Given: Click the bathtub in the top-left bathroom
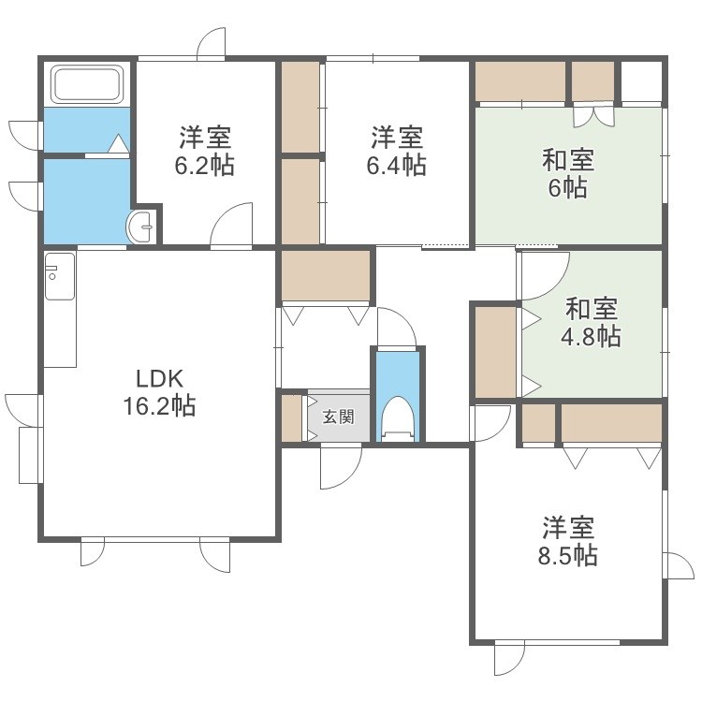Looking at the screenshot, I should (x=88, y=84).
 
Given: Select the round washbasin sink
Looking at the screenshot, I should (x=142, y=225).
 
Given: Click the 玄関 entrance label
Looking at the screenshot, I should (x=339, y=417).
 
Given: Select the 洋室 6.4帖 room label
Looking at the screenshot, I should (x=397, y=152).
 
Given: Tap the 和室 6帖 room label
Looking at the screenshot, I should (x=568, y=173).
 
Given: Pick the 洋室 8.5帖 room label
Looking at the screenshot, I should (x=568, y=541).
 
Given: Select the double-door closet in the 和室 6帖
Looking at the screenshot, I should (x=593, y=112).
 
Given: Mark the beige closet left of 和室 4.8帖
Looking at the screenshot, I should (x=495, y=351).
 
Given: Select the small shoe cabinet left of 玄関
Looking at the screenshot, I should (x=292, y=417).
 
